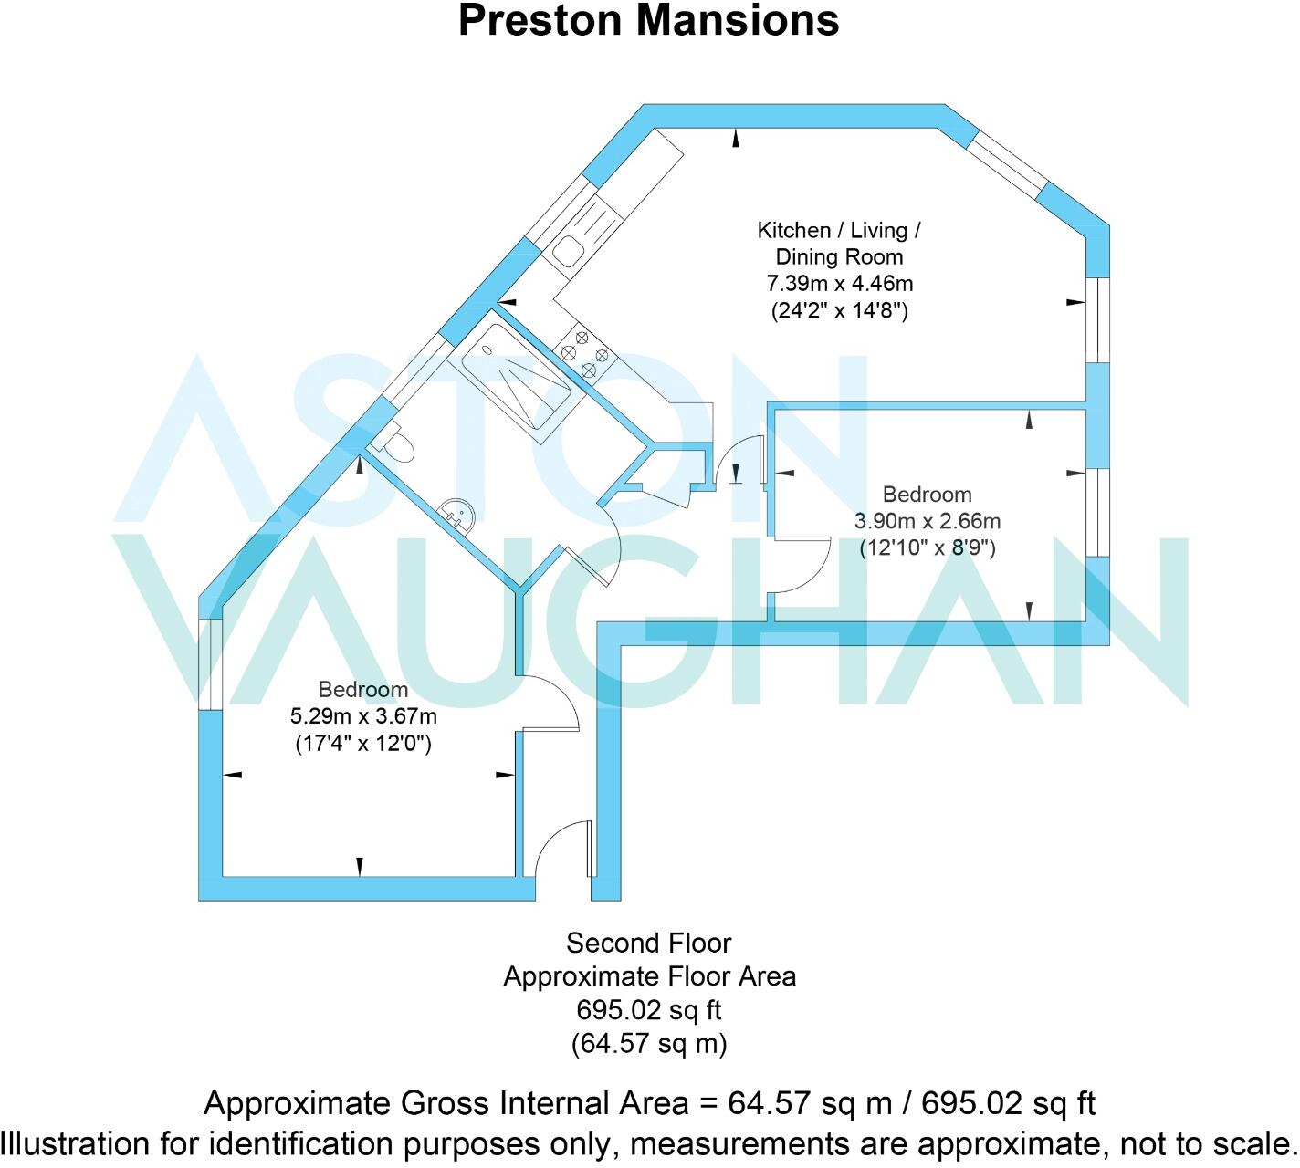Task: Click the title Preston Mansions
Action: (648, 20)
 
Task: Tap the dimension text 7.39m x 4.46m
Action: (838, 284)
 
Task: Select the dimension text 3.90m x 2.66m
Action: (927, 521)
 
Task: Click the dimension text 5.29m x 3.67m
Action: (362, 716)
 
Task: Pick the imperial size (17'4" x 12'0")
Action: (362, 743)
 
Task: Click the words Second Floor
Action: (648, 942)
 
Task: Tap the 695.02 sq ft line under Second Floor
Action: (648, 1010)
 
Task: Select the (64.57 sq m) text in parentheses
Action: (648, 1043)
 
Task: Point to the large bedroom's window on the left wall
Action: (211, 663)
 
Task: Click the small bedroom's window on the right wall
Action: (1097, 512)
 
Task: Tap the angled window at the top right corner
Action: (1004, 165)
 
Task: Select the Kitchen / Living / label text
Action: (838, 230)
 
